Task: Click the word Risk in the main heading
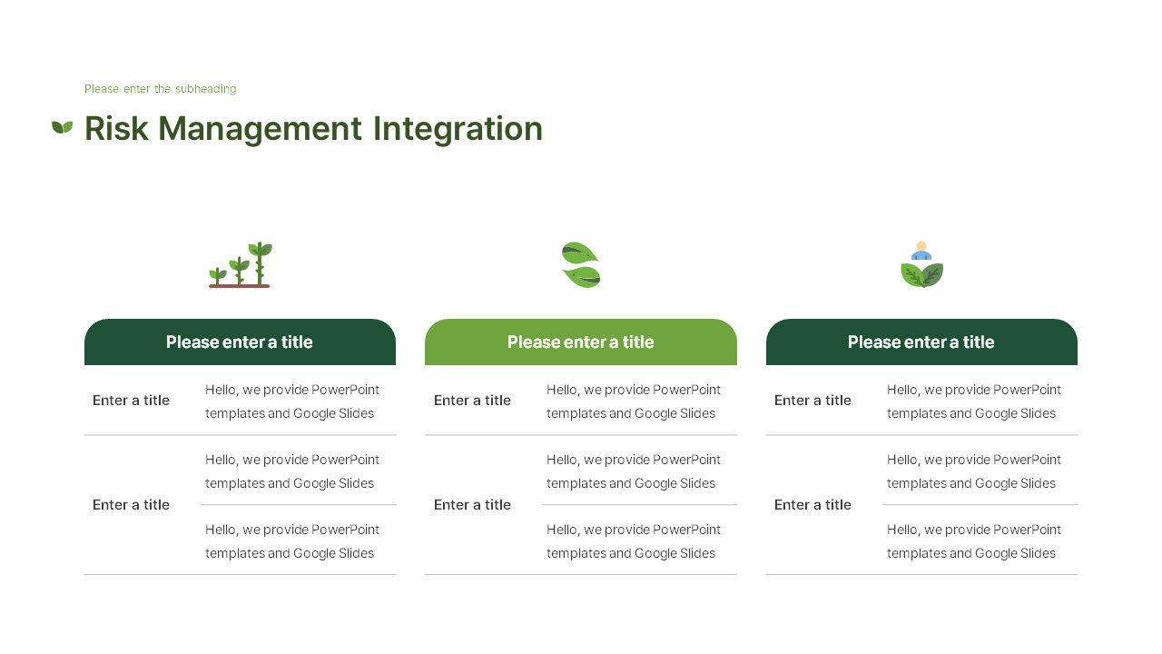[115, 129]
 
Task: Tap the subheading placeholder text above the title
[160, 89]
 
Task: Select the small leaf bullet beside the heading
[62, 127]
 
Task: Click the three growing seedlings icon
[241, 265]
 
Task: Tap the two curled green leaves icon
[581, 265]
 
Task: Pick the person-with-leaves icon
[921, 266]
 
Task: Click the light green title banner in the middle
[581, 342]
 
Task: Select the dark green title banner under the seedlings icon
[240, 342]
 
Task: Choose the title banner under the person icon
[921, 342]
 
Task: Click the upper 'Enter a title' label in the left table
[131, 401]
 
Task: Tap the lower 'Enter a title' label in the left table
[131, 505]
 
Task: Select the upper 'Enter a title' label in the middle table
[472, 401]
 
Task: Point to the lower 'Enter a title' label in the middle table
[472, 505]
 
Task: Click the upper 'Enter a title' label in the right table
[812, 401]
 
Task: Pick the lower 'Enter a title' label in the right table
[812, 505]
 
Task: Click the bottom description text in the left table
[292, 541]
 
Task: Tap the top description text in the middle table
[634, 401]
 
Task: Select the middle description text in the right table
[974, 471]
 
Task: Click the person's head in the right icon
[921, 246]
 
